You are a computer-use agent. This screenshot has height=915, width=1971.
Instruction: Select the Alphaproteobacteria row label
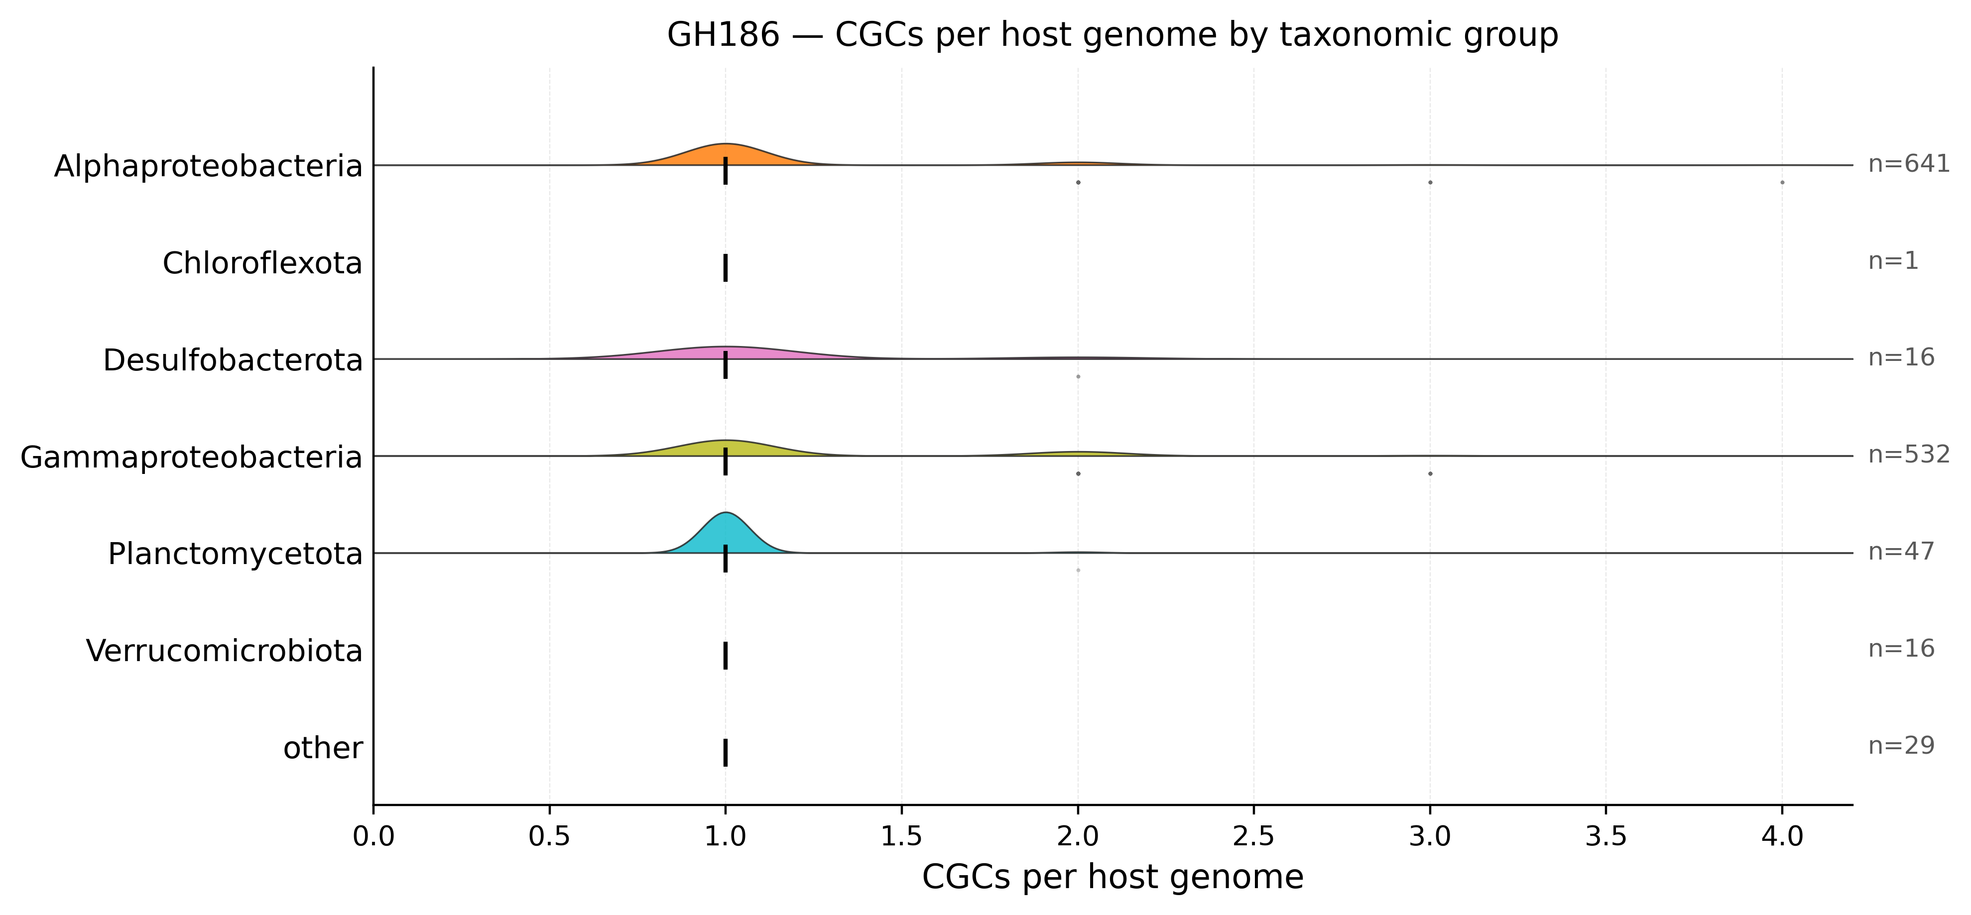(208, 166)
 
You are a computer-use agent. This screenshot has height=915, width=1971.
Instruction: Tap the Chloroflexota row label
(262, 263)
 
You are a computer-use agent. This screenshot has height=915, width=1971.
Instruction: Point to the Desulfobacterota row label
(233, 360)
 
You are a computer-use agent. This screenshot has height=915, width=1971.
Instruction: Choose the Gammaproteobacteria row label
(191, 457)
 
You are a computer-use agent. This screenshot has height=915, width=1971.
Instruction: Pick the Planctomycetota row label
(235, 554)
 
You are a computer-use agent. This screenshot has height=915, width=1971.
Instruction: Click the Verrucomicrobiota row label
(224, 651)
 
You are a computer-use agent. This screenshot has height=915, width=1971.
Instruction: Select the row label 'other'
(323, 748)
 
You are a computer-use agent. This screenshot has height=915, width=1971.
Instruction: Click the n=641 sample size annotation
(1909, 164)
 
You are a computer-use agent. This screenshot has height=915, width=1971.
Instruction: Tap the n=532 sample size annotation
(1909, 455)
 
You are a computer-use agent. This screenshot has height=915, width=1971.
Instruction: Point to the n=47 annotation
(1901, 552)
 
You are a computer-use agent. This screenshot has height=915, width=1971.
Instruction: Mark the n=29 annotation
(1901, 745)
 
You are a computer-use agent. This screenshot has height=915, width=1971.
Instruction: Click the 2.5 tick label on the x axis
(1253, 837)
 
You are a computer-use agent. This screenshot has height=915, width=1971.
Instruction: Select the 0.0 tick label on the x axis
(373, 837)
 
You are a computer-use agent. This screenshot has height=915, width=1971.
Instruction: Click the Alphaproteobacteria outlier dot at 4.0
(1782, 182)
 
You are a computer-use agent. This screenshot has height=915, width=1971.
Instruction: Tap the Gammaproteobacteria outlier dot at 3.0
(1430, 473)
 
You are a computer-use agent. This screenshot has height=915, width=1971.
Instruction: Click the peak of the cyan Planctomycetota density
(726, 513)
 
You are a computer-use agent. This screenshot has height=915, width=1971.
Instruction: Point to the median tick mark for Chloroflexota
(726, 268)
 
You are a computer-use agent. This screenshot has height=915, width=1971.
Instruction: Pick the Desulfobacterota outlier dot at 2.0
(1078, 376)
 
